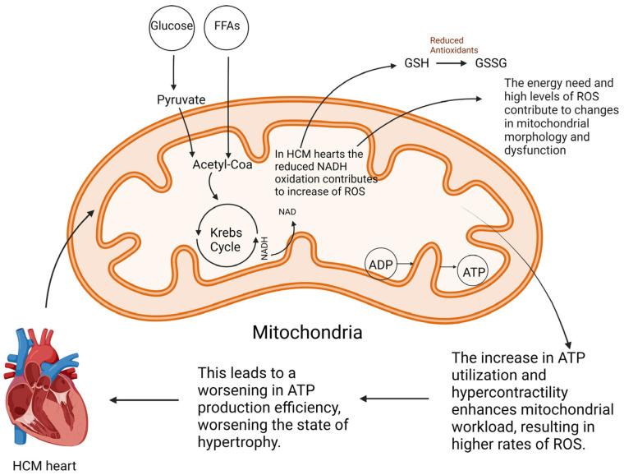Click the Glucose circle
[173, 27]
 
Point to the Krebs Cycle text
[224, 233]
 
